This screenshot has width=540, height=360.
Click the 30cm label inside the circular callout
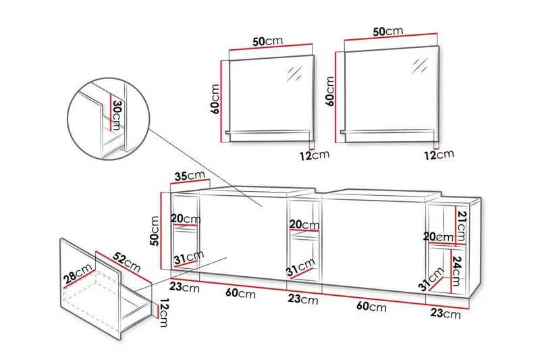pyautogui.click(x=116, y=116)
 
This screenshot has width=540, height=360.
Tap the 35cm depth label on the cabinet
pyautogui.click(x=189, y=176)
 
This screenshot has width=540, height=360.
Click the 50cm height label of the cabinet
pyautogui.click(x=155, y=230)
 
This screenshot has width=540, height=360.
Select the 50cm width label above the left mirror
pyautogui.click(x=268, y=41)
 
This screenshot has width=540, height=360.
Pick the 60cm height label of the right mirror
pyautogui.click(x=330, y=90)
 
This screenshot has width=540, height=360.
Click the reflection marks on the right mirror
pyautogui.click(x=420, y=66)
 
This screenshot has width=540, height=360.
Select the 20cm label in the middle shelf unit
pyautogui.click(x=303, y=225)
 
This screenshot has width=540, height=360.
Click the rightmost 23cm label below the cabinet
pyautogui.click(x=446, y=313)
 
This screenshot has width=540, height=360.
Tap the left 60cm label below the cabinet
pyautogui.click(x=241, y=294)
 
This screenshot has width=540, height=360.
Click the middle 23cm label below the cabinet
pyautogui.click(x=302, y=299)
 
